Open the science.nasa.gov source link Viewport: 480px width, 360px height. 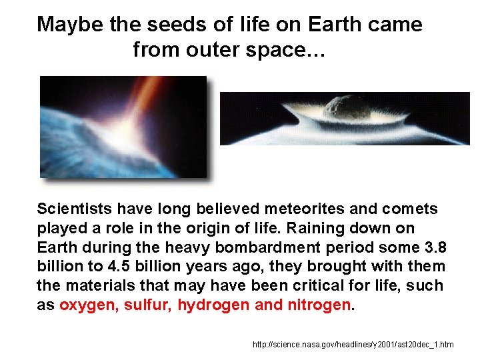pyautogui.click(x=353, y=345)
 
